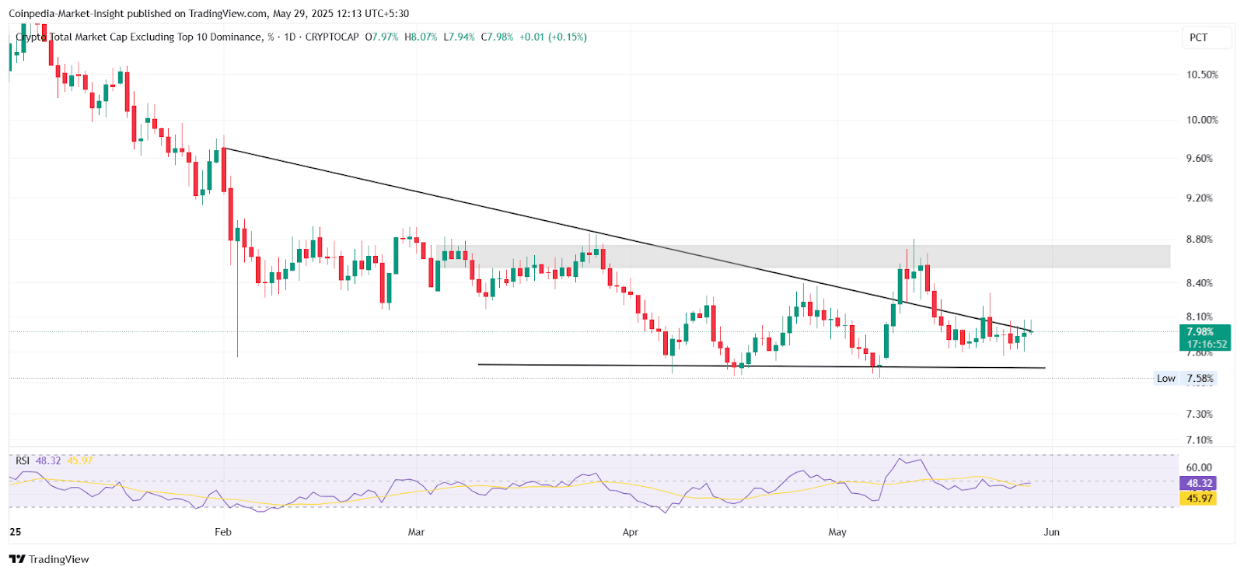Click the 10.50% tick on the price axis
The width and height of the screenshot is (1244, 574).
pos(1201,75)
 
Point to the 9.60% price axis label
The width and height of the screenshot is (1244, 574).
pos(1199,158)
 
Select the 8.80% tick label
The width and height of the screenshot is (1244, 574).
pos(1199,239)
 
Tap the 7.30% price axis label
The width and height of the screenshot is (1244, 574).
pos(1199,414)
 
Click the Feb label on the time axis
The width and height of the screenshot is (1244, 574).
pos(223,532)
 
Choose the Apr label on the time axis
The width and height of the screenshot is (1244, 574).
pos(630,532)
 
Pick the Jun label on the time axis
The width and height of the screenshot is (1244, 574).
pos(1051,532)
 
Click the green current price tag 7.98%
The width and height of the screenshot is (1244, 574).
pos(1204,332)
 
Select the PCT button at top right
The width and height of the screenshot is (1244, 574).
pos(1199,37)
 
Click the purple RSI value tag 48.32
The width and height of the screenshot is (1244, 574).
pos(1199,483)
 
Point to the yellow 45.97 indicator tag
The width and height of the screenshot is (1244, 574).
pos(1199,499)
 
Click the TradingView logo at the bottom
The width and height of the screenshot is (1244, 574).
pos(49,559)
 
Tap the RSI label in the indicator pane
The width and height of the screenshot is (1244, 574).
pos(23,460)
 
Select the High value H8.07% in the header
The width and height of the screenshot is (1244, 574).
pos(421,37)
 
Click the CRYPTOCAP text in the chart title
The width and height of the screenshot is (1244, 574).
pos(332,37)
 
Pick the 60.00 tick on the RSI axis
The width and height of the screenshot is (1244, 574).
pos(1199,467)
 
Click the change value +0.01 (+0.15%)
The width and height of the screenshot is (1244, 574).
pos(553,37)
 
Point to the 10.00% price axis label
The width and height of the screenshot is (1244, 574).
pos(1201,120)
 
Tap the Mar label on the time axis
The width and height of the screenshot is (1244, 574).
pos(416,532)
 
